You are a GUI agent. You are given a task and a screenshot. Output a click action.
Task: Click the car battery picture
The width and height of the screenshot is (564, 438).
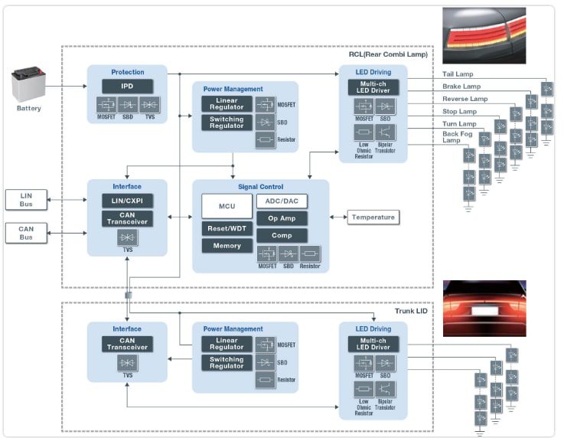click(29, 85)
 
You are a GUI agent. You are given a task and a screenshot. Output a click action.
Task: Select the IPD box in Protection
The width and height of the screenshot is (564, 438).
click(127, 87)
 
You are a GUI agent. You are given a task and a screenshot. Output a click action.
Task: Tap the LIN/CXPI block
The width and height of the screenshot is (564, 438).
click(127, 201)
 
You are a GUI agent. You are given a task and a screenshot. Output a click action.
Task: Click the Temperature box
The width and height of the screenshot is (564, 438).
click(373, 217)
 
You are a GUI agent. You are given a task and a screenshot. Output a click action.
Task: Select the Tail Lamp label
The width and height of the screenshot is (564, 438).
click(459, 74)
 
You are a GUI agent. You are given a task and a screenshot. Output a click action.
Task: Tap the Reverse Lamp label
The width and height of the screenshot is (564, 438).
click(465, 99)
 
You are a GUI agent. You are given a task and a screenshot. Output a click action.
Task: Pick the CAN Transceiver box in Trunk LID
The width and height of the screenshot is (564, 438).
click(127, 344)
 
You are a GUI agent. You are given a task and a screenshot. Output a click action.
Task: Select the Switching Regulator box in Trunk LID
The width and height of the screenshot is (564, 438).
click(227, 362)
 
